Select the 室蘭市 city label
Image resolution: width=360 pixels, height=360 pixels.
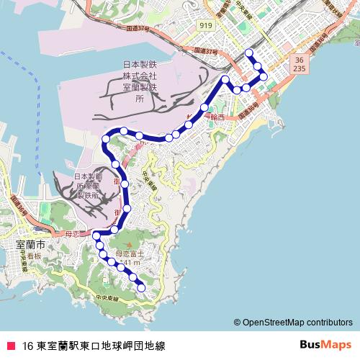coord(30,246)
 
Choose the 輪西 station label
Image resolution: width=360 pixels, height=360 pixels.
coord(217,117)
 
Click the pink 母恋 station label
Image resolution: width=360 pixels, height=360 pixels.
coord(76,235)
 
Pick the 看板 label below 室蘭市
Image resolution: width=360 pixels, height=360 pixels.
coord(34,256)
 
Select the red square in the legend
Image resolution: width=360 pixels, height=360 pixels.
coord(10,344)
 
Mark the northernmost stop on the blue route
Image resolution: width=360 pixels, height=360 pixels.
coord(250,53)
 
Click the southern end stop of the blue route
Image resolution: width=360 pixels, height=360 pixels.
coord(141,288)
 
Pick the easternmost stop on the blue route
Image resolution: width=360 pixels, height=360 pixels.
coord(264,76)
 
